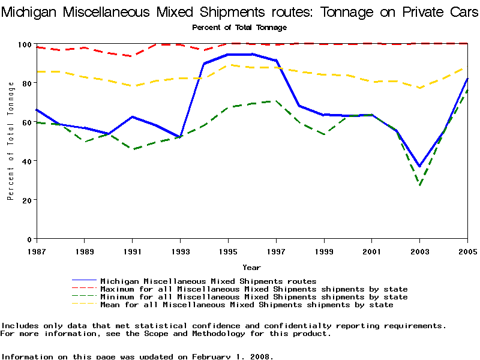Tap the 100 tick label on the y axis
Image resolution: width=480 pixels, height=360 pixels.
[25, 45]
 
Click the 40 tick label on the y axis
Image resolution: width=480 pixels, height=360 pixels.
[27, 161]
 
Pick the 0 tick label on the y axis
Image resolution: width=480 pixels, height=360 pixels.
[29, 239]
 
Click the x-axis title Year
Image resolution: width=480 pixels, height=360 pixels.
[252, 267]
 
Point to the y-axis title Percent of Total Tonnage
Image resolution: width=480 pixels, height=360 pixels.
[11, 141]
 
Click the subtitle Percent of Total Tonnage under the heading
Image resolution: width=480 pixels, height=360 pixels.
[239, 28]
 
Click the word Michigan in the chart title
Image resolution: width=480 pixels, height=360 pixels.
[29, 11]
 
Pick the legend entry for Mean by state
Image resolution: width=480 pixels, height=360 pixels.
[246, 305]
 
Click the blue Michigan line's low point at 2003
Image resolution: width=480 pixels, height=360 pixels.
[420, 166]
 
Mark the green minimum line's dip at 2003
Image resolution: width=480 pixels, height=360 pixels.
[420, 185]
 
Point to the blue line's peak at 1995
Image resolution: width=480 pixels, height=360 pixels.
[229, 55]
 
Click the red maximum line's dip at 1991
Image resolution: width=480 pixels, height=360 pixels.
[133, 56]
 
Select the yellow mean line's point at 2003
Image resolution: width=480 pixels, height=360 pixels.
[420, 88]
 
